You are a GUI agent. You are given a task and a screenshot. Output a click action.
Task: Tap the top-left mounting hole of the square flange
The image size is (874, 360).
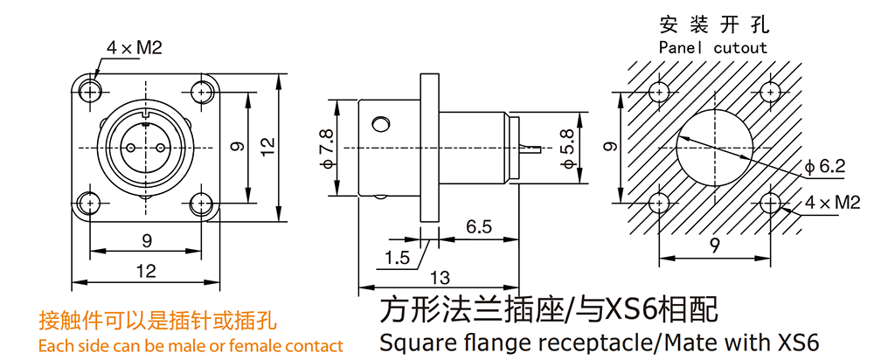point(90,88)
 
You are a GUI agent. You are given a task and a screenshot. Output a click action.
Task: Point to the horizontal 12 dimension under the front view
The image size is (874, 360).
point(146,271)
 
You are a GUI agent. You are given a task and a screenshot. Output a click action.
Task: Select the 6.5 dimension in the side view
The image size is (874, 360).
point(478,226)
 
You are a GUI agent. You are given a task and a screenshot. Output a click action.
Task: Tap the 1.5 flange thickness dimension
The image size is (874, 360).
point(397,258)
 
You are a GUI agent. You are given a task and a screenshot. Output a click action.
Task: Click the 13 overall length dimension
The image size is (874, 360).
point(440,279)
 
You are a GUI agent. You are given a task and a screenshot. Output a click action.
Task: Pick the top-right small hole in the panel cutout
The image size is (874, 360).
point(770,90)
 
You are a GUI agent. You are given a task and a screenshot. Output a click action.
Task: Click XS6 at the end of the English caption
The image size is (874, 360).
point(794,342)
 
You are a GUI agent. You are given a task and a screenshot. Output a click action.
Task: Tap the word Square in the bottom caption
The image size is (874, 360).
point(409,342)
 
